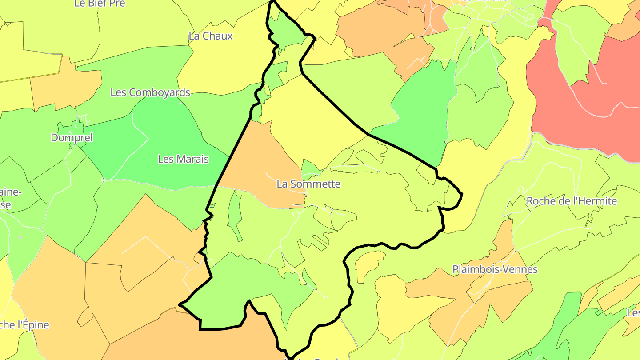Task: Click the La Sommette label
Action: [308, 184]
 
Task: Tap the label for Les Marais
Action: [183, 159]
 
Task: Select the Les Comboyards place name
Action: [150, 92]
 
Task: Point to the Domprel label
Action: [72, 138]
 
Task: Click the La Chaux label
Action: [211, 36]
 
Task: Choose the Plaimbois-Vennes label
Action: [495, 269]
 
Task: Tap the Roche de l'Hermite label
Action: [572, 201]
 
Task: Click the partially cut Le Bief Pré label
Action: [100, 4]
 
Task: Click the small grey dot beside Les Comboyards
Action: [180, 103]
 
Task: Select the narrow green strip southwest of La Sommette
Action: [234, 213]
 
